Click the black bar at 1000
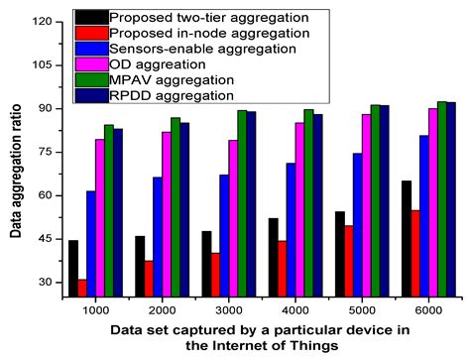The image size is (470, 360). pyautogui.click(x=73, y=268)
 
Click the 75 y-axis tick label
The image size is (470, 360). pyautogui.click(x=43, y=152)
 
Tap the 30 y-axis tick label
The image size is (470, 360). pyautogui.click(x=43, y=283)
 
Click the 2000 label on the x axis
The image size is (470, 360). pyautogui.click(x=153, y=309)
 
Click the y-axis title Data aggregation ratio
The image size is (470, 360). pyautogui.click(x=13, y=159)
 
